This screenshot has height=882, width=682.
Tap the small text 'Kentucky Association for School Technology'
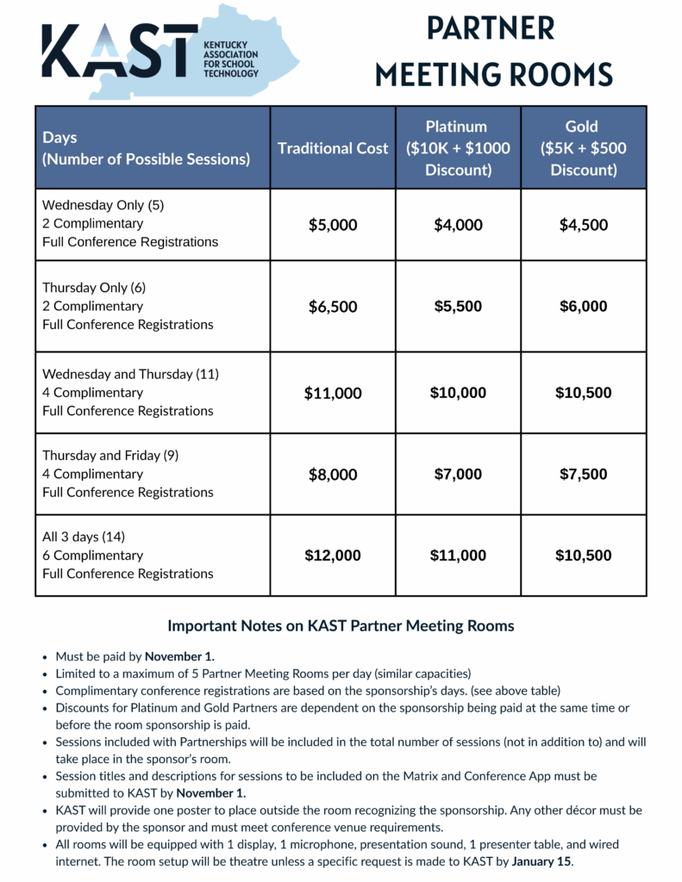click(230, 58)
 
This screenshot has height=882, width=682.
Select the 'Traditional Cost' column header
click(333, 148)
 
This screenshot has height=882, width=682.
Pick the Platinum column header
click(458, 148)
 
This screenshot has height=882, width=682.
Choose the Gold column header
click(584, 148)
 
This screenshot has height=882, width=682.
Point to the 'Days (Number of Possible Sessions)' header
click(147, 148)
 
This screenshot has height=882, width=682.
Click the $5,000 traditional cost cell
click(333, 226)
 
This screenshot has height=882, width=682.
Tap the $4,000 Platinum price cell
click(458, 226)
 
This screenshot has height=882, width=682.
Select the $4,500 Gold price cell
click(584, 226)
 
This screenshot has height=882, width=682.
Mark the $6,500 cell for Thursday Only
click(333, 307)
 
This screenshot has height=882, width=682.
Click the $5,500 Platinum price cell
click(458, 307)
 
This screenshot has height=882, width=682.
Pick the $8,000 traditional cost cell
click(333, 475)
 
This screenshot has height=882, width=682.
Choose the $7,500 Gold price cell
click(584, 475)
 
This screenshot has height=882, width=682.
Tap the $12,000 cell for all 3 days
click(333, 556)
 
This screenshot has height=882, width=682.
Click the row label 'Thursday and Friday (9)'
click(110, 456)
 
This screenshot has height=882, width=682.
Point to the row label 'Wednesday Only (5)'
click(103, 206)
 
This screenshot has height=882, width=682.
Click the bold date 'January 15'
click(541, 861)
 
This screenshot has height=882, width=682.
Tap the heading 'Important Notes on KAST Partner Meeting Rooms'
click(341, 626)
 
